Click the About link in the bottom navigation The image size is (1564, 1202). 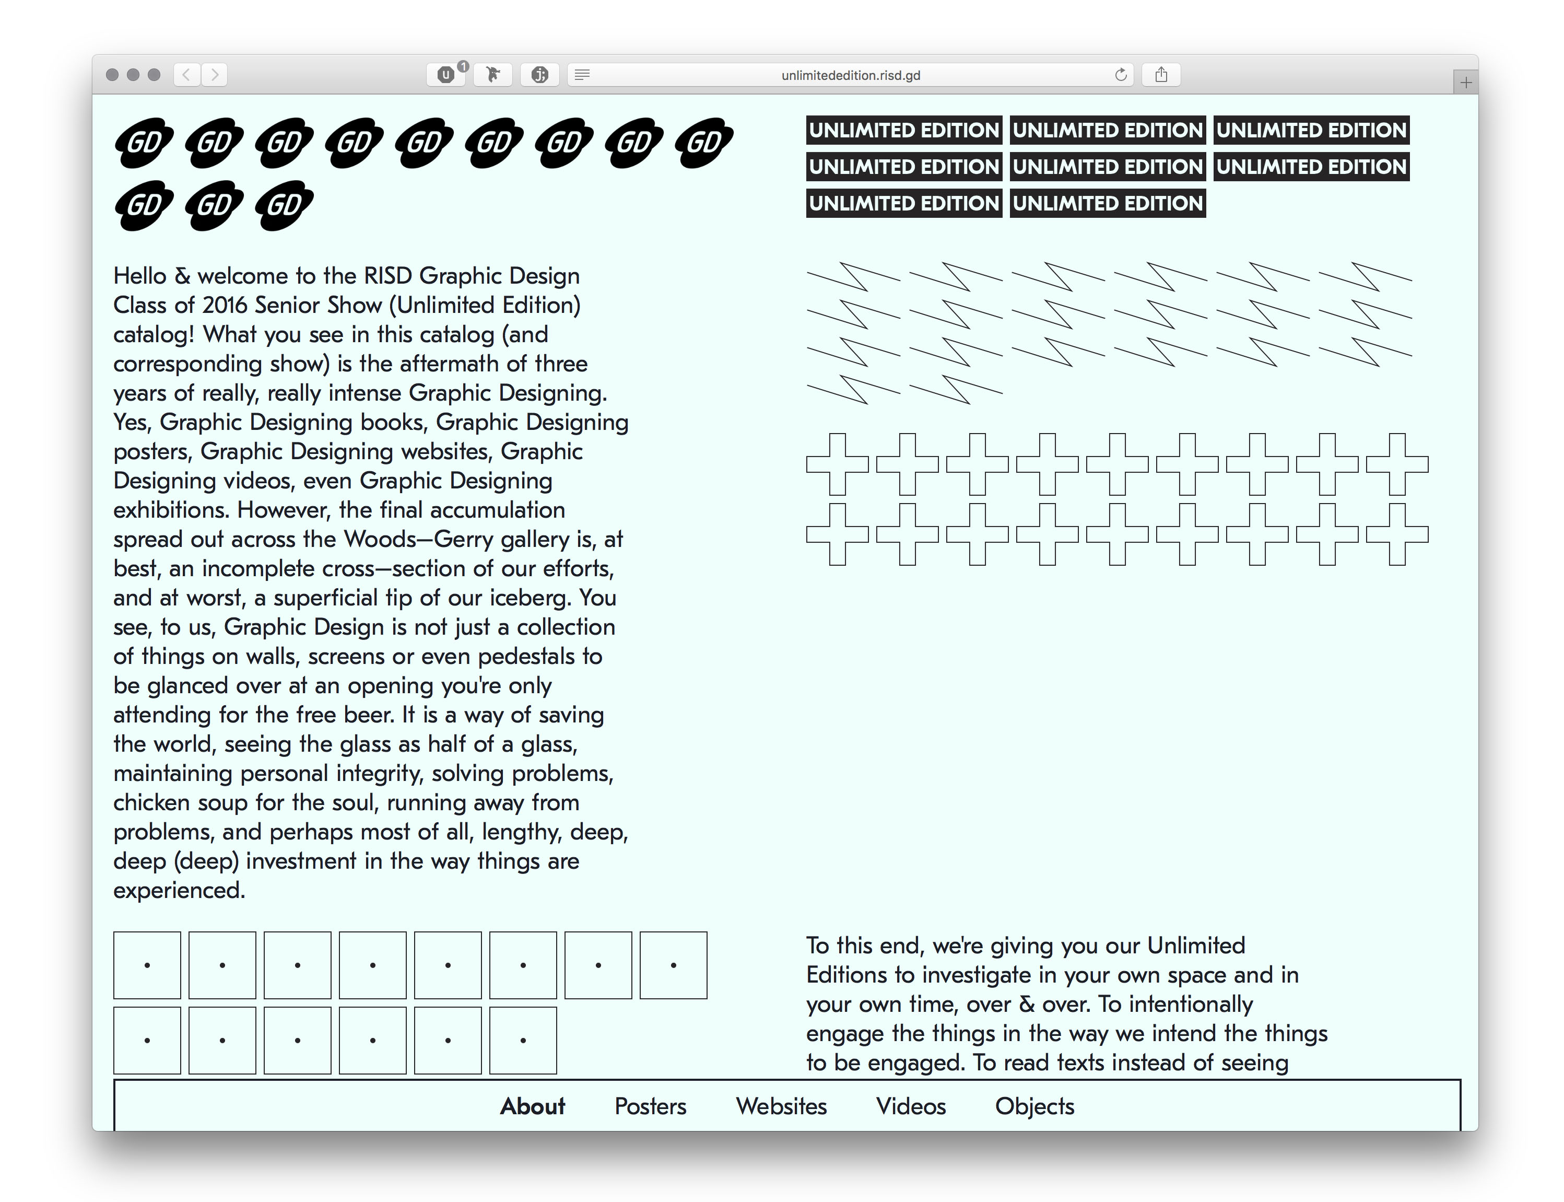coord(532,1106)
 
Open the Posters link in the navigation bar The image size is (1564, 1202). coord(650,1106)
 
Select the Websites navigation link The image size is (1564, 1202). coord(781,1106)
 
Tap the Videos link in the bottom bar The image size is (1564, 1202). coord(910,1106)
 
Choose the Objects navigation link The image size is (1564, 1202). coord(1034,1106)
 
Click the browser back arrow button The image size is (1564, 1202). coord(186,74)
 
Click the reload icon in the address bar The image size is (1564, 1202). coord(1121,74)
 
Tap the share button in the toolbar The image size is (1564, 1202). coord(1161,74)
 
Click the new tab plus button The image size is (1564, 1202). coord(1465,83)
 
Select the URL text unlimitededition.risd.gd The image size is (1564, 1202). coord(850,75)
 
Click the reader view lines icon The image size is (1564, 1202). coord(582,74)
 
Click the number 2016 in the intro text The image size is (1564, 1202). coord(225,306)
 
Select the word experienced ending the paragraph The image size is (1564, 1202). coord(178,890)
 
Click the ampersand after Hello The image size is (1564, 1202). coord(182,276)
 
